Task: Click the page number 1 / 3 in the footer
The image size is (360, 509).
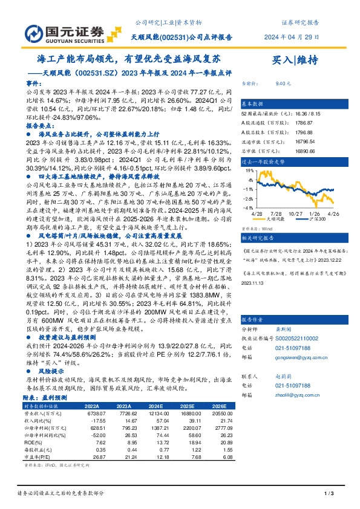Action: click(x=329, y=495)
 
